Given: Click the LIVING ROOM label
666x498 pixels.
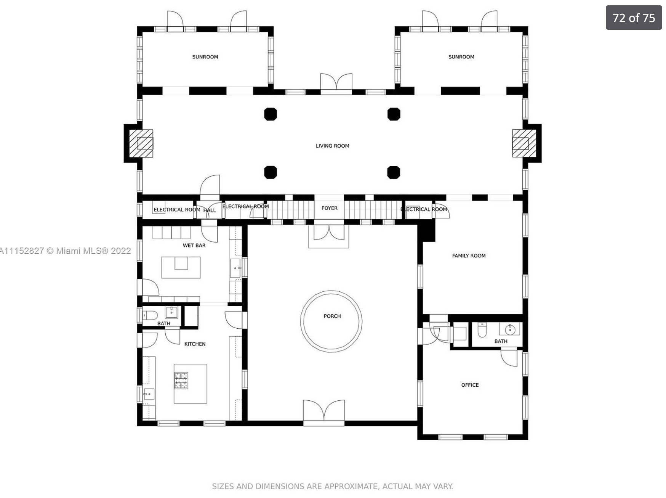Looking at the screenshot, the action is pyautogui.click(x=332, y=146).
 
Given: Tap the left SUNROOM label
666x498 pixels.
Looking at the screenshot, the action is pyautogui.click(x=205, y=57).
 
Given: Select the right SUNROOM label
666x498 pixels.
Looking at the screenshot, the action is pyautogui.click(x=461, y=57).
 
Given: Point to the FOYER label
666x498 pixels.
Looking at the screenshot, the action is pyautogui.click(x=329, y=208).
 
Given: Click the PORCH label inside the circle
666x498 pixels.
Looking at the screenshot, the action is pyautogui.click(x=332, y=316).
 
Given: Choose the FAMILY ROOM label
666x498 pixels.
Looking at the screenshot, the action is pyautogui.click(x=469, y=256).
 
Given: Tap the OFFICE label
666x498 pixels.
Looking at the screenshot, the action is pyautogui.click(x=470, y=385).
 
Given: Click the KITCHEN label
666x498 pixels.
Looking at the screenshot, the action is pyautogui.click(x=195, y=344).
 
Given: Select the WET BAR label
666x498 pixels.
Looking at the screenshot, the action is pyautogui.click(x=194, y=246).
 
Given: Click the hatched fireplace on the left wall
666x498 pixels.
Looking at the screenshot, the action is pyautogui.click(x=141, y=143).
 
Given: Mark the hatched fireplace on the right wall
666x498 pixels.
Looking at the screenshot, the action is pyautogui.click(x=524, y=143).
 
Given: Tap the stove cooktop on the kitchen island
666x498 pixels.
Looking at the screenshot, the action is pyautogui.click(x=181, y=381).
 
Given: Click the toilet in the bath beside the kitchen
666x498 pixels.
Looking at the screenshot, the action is pyautogui.click(x=150, y=316).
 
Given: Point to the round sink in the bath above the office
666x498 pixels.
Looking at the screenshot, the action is pyautogui.click(x=510, y=329).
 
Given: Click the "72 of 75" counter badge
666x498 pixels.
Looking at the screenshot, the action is pyautogui.click(x=634, y=18).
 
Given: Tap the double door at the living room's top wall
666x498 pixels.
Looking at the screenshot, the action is pyautogui.click(x=336, y=84).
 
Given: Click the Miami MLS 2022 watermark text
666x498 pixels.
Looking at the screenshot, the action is pyautogui.click(x=66, y=251).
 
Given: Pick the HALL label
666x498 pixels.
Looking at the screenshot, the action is pyautogui.click(x=210, y=210).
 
